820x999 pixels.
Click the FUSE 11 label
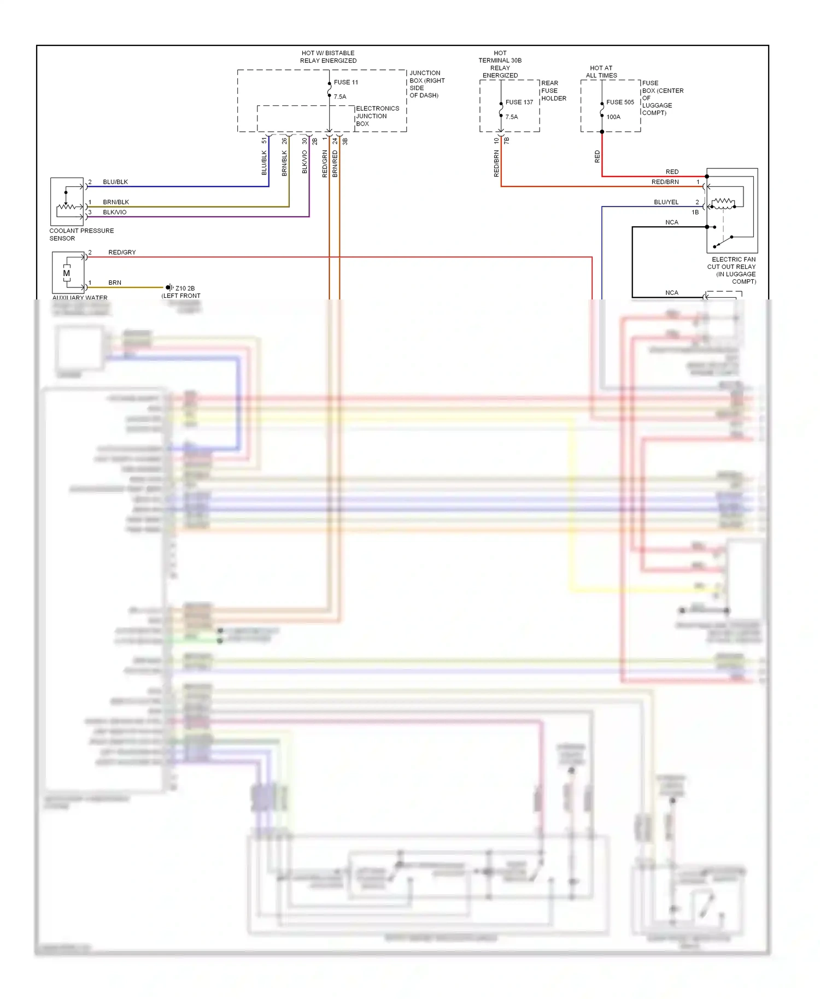(345, 83)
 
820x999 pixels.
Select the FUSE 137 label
(519, 102)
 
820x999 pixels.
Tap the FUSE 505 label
(620, 102)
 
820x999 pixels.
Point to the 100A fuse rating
(613, 117)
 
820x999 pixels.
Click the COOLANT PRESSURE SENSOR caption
(81, 234)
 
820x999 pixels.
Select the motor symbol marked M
(67, 273)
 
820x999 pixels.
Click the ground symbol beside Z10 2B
(169, 287)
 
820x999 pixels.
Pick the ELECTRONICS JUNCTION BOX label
(377, 116)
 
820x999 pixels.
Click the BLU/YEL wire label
(666, 202)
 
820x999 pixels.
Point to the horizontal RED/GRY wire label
(122, 252)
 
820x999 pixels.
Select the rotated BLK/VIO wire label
(304, 162)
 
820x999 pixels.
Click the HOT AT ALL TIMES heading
(601, 72)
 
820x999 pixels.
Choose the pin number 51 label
(265, 141)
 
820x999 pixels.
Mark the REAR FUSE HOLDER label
(553, 91)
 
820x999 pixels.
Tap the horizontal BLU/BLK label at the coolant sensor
(115, 182)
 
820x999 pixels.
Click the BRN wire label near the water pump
(115, 283)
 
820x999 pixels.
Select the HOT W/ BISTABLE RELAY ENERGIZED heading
(328, 57)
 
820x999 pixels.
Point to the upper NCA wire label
(671, 222)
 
